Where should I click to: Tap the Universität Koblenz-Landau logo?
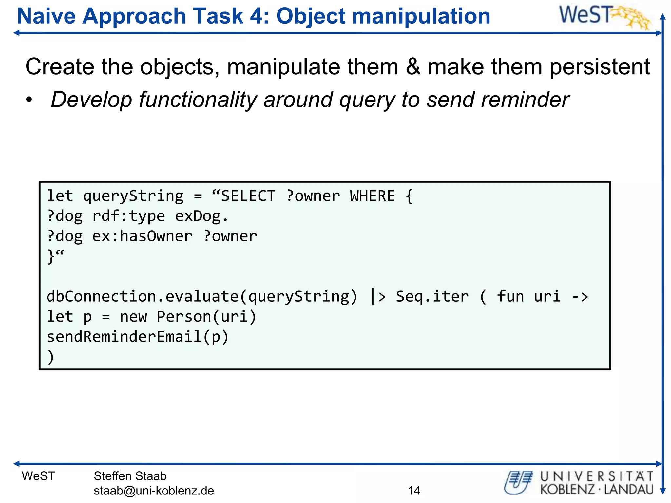[x=579, y=482]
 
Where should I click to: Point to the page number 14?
[x=414, y=490]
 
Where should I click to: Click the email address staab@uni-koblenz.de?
[x=154, y=491]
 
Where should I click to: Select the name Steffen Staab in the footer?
[x=130, y=476]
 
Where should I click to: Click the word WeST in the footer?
[x=38, y=476]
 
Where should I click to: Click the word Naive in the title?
[x=46, y=16]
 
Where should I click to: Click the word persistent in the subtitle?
[x=599, y=67]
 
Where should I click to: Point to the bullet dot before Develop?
[x=29, y=100]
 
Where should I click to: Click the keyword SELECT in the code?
[x=248, y=196]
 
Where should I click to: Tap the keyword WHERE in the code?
[x=373, y=196]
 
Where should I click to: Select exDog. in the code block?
[x=201, y=216]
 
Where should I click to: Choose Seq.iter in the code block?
[x=432, y=296]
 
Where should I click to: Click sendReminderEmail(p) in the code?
[x=138, y=337]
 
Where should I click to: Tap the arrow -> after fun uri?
[x=580, y=297]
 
